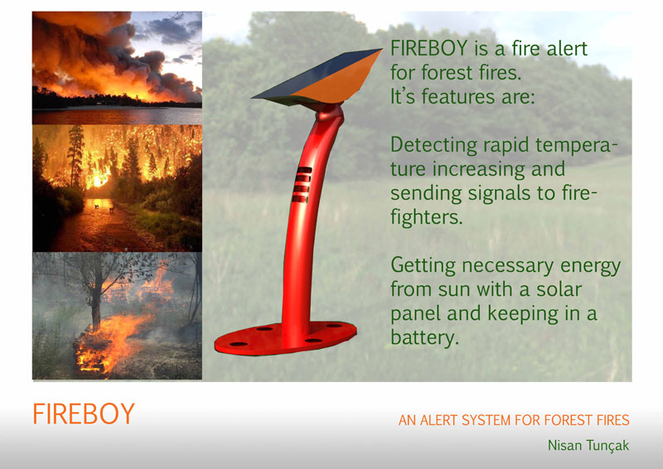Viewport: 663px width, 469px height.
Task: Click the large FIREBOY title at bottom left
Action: (83, 413)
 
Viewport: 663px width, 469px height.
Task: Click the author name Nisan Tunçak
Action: (588, 446)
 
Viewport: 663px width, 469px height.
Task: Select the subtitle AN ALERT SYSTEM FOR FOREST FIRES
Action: (514, 420)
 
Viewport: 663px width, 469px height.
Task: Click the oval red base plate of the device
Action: (286, 336)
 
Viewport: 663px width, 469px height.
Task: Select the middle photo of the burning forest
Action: (117, 188)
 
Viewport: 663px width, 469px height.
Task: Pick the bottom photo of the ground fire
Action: (117, 315)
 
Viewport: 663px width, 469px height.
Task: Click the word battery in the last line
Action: (423, 338)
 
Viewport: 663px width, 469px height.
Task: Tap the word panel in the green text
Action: (414, 315)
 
